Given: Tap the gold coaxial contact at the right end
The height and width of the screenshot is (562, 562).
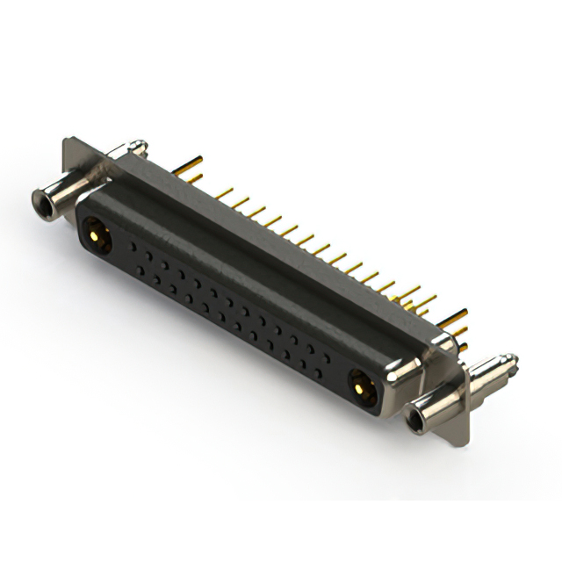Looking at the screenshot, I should pyautogui.click(x=360, y=383).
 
